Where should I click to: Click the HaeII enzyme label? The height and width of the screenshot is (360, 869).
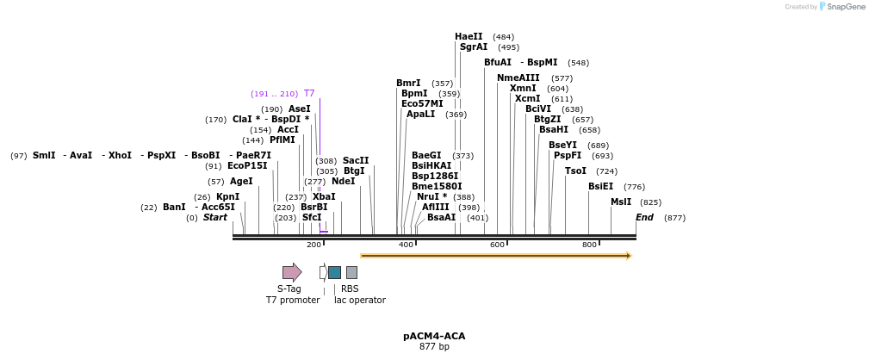pyautogui.click(x=469, y=36)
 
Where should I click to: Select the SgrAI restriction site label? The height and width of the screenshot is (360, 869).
pyautogui.click(x=473, y=47)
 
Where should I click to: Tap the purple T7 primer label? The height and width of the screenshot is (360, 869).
pyautogui.click(x=308, y=93)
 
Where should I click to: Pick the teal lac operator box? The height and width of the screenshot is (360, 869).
pyautogui.click(x=334, y=272)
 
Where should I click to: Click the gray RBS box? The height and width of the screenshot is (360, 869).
pyautogui.click(x=351, y=272)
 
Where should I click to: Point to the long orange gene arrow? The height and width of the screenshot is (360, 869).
pyautogui.click(x=495, y=256)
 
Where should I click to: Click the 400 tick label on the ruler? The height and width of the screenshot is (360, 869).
pyautogui.click(x=406, y=245)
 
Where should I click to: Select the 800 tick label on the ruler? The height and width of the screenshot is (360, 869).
pyautogui.click(x=589, y=245)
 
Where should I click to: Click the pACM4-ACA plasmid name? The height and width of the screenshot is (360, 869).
pyautogui.click(x=434, y=336)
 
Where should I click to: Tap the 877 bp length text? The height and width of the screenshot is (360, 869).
pyautogui.click(x=434, y=347)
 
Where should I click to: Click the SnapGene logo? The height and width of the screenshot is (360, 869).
pyautogui.click(x=841, y=7)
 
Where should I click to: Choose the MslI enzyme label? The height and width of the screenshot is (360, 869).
pyautogui.click(x=621, y=202)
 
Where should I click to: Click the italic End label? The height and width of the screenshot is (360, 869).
pyautogui.click(x=644, y=217)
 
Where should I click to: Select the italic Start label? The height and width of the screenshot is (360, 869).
pyautogui.click(x=215, y=217)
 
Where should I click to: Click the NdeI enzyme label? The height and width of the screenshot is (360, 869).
pyautogui.click(x=343, y=181)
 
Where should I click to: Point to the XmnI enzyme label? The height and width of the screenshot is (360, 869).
pyautogui.click(x=522, y=88)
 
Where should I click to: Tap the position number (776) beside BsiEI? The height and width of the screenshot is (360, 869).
pyautogui.click(x=634, y=186)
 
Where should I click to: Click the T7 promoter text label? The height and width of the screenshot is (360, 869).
pyautogui.click(x=292, y=300)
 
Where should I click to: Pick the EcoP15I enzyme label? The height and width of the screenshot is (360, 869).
pyautogui.click(x=247, y=165)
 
